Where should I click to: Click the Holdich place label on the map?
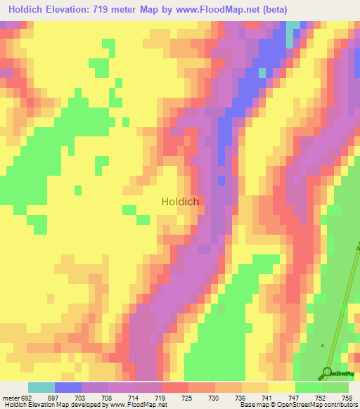click(x=180, y=201)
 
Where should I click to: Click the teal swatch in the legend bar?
click(x=41, y=387)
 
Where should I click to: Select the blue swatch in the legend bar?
click(x=68, y=387)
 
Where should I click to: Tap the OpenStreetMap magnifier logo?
click(x=328, y=372)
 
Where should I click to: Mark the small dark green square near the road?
click(x=322, y=345)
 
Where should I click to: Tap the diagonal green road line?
click(x=341, y=309)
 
